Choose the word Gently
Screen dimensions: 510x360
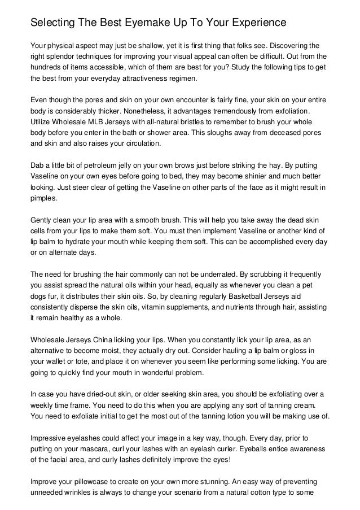[42, 220]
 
